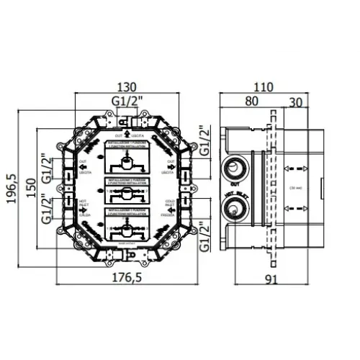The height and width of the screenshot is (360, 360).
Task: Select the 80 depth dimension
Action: (252, 101)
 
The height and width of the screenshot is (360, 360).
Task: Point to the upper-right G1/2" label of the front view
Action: (204, 142)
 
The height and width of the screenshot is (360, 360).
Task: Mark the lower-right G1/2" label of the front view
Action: (204, 233)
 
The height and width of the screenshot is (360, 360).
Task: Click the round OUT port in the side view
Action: (235, 171)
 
